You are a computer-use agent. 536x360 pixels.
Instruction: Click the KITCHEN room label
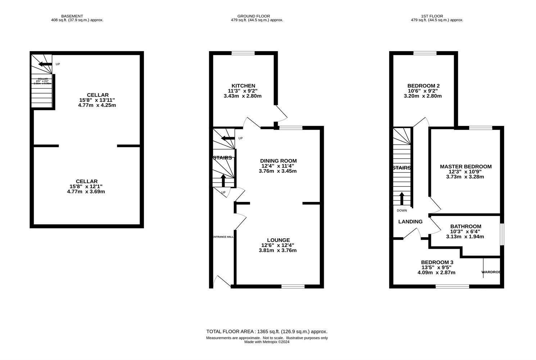pyautogui.click(x=244, y=86)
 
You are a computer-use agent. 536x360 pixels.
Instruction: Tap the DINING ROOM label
pyautogui.click(x=278, y=161)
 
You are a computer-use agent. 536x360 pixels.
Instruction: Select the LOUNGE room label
pyautogui.click(x=278, y=240)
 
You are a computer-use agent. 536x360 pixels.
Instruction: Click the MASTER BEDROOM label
pyautogui.click(x=465, y=166)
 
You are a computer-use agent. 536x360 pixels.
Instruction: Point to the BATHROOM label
pyautogui.click(x=465, y=226)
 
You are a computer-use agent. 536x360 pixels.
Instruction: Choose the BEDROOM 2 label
pyautogui.click(x=423, y=86)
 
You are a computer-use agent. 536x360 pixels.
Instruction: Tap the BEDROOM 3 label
pyautogui.click(x=437, y=262)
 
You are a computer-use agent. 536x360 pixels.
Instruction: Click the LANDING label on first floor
pyautogui.click(x=410, y=222)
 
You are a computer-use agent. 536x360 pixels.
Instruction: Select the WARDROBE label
pyautogui.click(x=491, y=272)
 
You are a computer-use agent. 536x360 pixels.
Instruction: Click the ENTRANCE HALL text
pyautogui.click(x=223, y=237)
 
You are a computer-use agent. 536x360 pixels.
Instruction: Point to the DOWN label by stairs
pyautogui.click(x=402, y=211)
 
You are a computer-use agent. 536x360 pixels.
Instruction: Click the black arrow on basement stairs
pyautogui.click(x=45, y=64)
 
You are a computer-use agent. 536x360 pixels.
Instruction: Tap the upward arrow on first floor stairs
pyautogui.click(x=402, y=198)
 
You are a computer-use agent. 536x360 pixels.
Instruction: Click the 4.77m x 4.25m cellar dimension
pyautogui.click(x=97, y=105)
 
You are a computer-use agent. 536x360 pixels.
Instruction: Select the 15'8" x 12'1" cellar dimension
pyautogui.click(x=87, y=186)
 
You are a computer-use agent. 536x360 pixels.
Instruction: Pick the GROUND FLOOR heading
pyautogui.click(x=253, y=16)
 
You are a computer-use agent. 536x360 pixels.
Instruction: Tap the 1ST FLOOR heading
pyautogui.click(x=432, y=16)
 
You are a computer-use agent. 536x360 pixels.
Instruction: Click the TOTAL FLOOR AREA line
pyautogui.click(x=267, y=332)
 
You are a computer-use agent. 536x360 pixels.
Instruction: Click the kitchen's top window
pyautogui.click(x=243, y=53)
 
